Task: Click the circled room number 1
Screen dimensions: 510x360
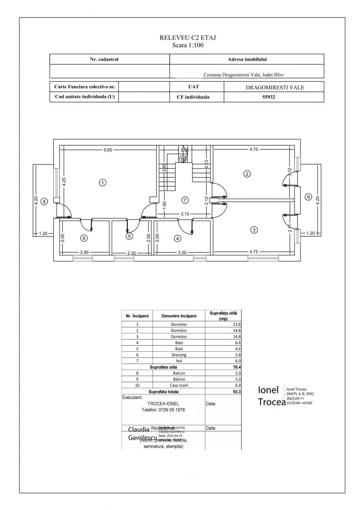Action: click(x=102, y=182)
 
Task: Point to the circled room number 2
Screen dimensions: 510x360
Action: click(x=247, y=173)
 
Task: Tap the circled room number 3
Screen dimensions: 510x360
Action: click(x=254, y=230)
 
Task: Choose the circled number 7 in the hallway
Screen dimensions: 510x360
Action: click(x=185, y=200)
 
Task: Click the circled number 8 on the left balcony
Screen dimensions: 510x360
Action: click(x=44, y=201)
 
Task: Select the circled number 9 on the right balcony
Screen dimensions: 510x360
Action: click(x=309, y=197)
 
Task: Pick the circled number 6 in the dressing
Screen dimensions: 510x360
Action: click(x=84, y=238)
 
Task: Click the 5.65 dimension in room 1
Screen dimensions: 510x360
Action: click(x=108, y=150)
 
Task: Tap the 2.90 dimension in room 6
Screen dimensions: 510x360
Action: click(x=84, y=253)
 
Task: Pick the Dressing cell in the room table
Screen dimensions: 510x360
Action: click(x=179, y=354)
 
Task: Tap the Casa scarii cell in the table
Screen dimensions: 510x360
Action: click(x=179, y=385)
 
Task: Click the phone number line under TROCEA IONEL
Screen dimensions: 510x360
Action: click(x=163, y=410)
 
